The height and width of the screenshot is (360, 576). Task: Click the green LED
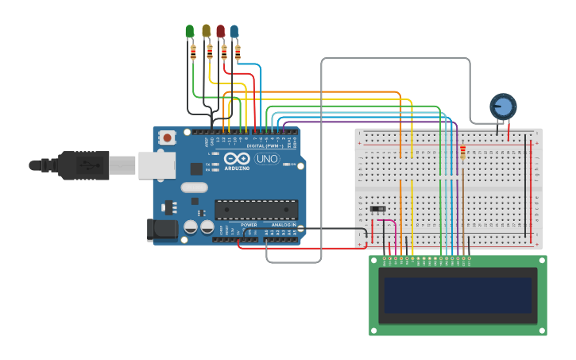tap(189, 31)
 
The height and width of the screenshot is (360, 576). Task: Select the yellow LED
tap(206, 31)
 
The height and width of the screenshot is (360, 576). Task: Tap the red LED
tap(220, 31)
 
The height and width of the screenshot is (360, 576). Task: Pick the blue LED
tap(234, 31)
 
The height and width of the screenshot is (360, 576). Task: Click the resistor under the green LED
tap(193, 52)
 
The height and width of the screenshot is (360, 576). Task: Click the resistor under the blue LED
tap(238, 52)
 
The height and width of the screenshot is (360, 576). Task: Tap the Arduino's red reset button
tap(167, 137)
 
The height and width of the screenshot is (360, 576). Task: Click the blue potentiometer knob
tap(502, 106)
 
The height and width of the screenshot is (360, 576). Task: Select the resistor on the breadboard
tap(463, 152)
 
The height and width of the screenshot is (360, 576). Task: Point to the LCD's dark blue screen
tap(458, 295)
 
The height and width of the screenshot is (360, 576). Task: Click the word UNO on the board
tap(267, 159)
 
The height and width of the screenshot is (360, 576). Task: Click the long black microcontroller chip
tap(256, 210)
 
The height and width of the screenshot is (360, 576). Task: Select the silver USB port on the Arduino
tap(157, 165)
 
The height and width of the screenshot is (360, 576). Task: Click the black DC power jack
tap(163, 230)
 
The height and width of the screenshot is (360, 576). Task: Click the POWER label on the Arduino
tap(249, 225)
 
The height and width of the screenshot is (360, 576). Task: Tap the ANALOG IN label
tap(284, 225)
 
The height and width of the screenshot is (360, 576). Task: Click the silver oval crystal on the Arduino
tap(194, 188)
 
